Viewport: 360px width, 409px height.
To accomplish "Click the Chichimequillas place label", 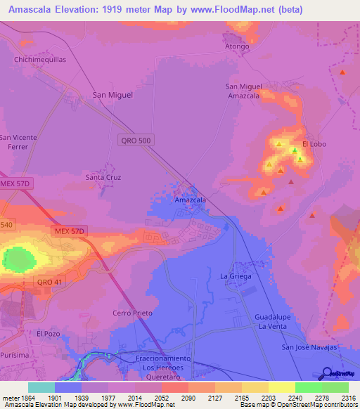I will (x=40, y=60).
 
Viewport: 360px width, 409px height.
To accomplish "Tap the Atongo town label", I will (x=237, y=46).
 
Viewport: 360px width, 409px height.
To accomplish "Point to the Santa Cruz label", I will (x=103, y=178).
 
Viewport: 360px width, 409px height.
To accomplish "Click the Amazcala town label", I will (x=190, y=200).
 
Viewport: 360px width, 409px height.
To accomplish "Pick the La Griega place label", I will (x=235, y=275).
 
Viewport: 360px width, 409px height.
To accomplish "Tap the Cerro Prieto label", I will (x=132, y=313).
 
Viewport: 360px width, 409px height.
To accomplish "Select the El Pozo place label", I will (x=49, y=333).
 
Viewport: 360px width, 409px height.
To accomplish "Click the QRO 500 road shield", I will (x=136, y=141).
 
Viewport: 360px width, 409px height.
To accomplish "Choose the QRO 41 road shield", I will (x=49, y=281).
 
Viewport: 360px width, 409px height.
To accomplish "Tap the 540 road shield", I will (x=6, y=224).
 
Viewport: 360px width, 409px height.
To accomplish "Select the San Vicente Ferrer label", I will (x=18, y=142).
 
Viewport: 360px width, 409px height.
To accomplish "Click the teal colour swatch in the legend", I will (x=41, y=387).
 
